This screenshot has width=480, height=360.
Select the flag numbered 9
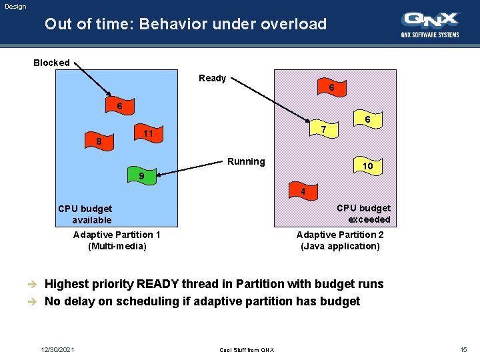pos(141,176)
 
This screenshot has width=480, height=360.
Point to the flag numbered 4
pos(303,193)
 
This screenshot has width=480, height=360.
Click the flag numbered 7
pos(323,128)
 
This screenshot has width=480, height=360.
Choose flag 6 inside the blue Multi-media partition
pos(120,106)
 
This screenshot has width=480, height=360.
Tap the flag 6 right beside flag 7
pos(367,119)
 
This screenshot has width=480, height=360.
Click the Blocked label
pos(51,63)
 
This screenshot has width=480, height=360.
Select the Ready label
pos(212,78)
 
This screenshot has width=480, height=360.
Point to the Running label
pos(246,161)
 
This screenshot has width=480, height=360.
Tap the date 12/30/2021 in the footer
pos(57,350)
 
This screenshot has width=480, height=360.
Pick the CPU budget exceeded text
pos(363,214)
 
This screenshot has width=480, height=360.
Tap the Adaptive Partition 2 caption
pos(340,241)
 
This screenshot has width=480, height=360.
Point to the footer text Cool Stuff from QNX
pos(246,351)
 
